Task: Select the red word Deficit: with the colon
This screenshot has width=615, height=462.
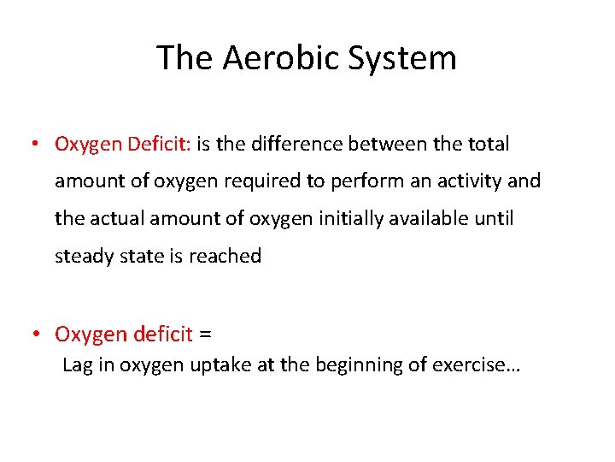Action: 160,145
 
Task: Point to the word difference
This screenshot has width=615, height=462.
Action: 292,145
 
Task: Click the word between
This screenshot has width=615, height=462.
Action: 389,145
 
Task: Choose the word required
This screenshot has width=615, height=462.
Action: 271,181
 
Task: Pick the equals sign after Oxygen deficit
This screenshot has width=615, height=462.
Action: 205,333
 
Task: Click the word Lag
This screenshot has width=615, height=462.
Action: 77,365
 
